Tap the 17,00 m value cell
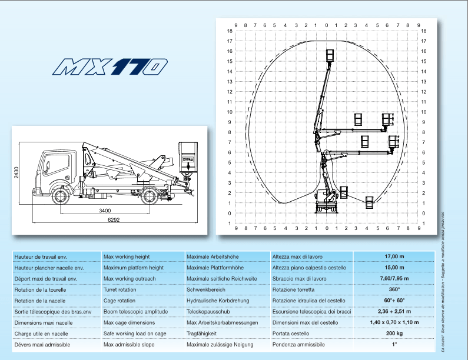pyautogui.click(x=394, y=257)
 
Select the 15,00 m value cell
pyautogui.click(x=394, y=268)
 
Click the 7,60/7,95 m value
pyautogui.click(x=394, y=279)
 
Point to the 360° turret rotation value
pyautogui.click(x=394, y=289)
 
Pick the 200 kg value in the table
pyautogui.click(x=394, y=334)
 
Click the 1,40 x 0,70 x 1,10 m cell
pyautogui.click(x=394, y=322)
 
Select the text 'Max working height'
pyautogui.click(x=127, y=257)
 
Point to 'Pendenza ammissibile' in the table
pyautogui.click(x=298, y=345)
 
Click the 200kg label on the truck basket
pyautogui.click(x=187, y=159)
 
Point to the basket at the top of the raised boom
pyautogui.click(x=330, y=55)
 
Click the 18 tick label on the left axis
pyautogui.click(x=229, y=31)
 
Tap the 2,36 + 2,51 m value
pyautogui.click(x=394, y=312)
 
